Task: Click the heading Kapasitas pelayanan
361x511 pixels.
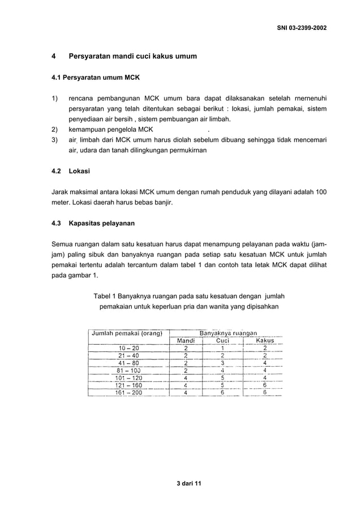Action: pos(101,224)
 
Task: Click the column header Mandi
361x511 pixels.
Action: pos(186,341)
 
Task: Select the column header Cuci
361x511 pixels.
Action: pos(222,341)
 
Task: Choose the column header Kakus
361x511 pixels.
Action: pos(264,341)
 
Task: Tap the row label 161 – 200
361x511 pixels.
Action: pos(128,392)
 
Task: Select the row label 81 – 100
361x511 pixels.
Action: pos(128,370)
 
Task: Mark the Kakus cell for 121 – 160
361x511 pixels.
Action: pos(264,385)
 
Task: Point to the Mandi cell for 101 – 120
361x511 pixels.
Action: pos(186,377)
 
